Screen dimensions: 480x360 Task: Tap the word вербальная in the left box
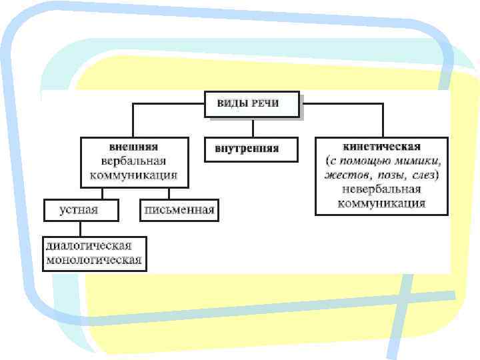click(133, 161)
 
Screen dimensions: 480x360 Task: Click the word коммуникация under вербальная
click(133, 175)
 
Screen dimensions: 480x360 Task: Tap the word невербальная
click(381, 190)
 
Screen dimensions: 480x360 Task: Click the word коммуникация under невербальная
click(381, 203)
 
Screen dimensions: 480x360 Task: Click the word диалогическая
click(94, 245)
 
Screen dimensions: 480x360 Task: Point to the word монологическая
click(94, 260)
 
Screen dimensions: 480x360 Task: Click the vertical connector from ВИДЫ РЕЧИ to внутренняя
click(251, 128)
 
